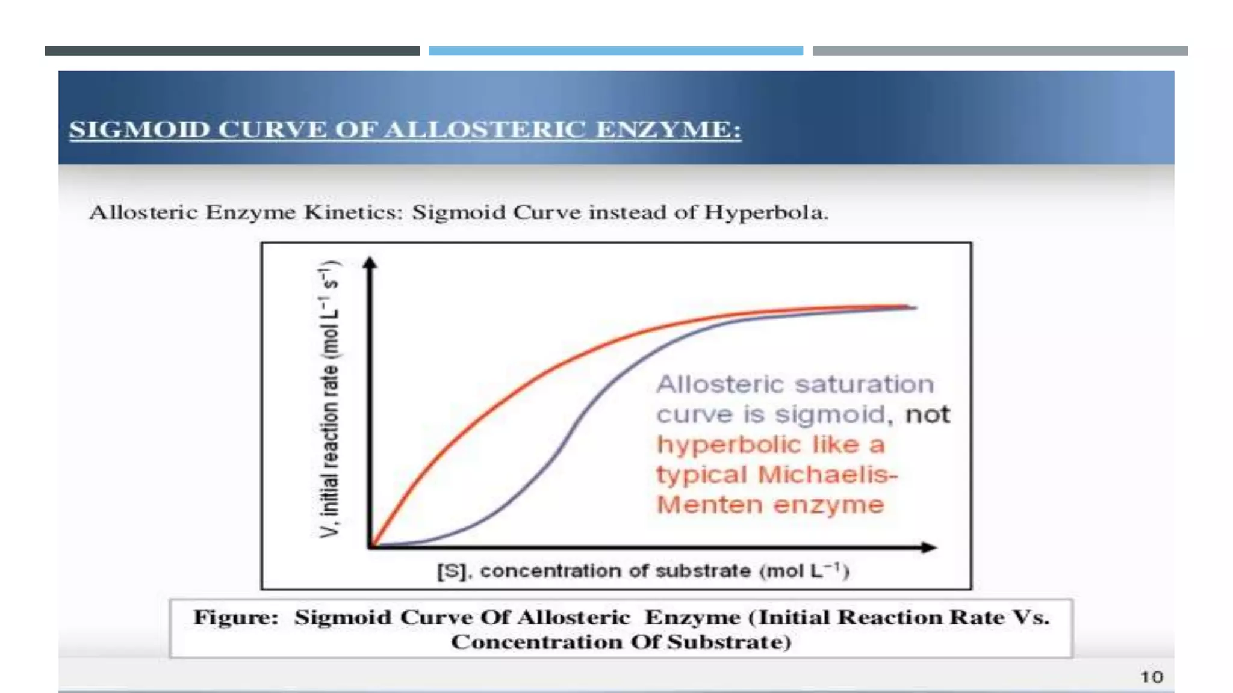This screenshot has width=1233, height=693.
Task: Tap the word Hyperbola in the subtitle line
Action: (766, 212)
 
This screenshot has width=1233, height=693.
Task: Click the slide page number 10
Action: (1151, 677)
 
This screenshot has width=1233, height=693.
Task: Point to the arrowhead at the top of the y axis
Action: (370, 263)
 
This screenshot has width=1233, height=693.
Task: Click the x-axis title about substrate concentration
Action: (643, 570)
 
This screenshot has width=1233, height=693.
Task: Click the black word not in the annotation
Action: (927, 414)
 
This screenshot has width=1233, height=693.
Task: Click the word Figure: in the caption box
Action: (235, 617)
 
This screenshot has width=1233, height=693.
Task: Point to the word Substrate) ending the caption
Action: (729, 642)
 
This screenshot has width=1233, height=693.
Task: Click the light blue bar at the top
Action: (615, 51)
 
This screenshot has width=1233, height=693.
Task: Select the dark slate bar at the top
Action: (232, 51)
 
